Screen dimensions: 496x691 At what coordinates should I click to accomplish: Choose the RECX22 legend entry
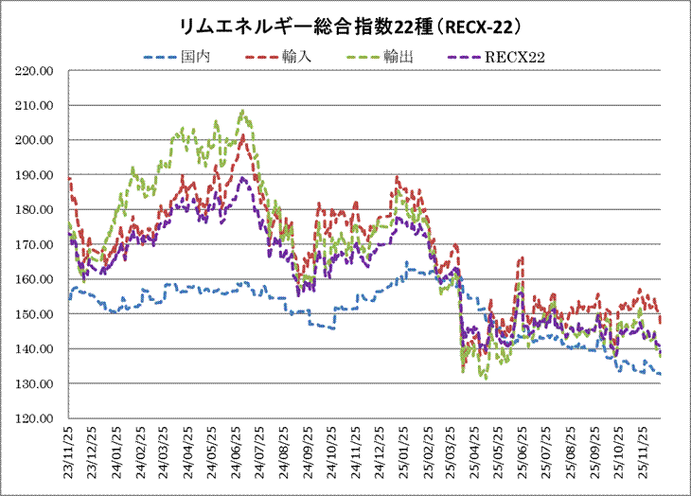coord(517,58)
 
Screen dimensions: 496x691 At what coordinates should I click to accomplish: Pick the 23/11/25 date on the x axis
coord(69,452)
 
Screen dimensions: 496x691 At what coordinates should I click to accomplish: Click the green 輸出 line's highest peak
coord(243,111)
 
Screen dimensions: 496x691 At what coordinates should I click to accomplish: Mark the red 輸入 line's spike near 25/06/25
coord(521,257)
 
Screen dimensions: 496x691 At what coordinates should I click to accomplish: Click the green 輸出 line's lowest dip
coord(486,379)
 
